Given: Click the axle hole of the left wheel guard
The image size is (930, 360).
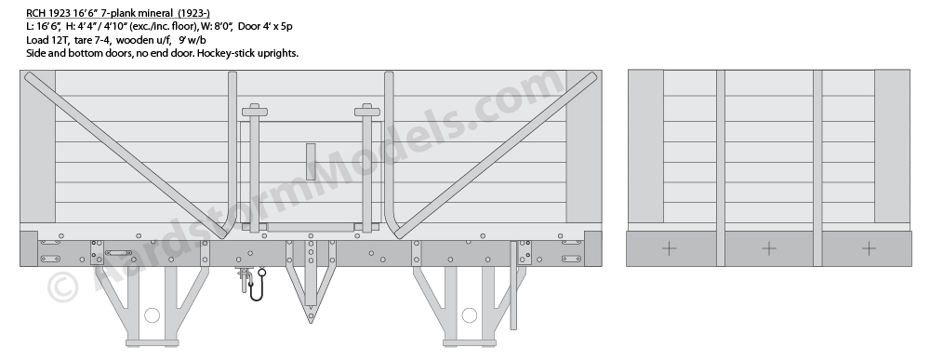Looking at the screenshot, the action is click(152, 315).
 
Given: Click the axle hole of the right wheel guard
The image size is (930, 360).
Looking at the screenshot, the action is click(469, 315).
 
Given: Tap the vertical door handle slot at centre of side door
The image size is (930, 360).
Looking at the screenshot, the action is click(311, 161).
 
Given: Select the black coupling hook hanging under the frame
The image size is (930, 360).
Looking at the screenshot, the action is click(257, 286).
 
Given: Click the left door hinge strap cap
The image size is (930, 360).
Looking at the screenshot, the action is click(255, 111).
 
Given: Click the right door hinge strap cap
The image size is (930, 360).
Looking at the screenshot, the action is click(367, 111).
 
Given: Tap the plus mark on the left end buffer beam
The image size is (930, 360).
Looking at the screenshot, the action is click(669, 248).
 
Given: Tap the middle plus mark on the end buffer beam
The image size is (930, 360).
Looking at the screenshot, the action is click(769, 248).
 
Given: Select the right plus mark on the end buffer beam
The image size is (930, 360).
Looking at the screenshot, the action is click(869, 248).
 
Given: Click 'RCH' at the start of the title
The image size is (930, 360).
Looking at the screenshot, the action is click(36, 12).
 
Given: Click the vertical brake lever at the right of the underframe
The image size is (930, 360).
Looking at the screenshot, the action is click(513, 286).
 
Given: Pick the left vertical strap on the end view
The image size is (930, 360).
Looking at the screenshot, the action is click(721, 167).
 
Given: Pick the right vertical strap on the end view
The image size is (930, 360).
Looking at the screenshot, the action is click(817, 167).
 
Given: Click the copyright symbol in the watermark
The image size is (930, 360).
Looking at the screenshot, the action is click(62, 287).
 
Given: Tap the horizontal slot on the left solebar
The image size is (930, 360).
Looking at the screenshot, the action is click(119, 253).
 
